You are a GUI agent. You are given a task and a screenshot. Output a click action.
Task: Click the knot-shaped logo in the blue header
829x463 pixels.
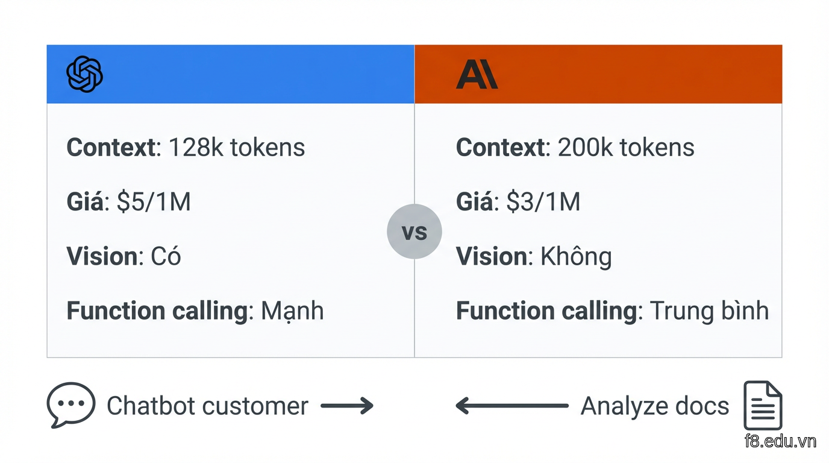coord(84,74)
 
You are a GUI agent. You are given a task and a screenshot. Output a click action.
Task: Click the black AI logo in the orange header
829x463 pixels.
coord(477,74)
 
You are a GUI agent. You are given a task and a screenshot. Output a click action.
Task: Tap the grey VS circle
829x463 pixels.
coord(414,231)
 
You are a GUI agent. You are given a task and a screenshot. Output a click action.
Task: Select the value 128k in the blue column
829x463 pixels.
coord(196,148)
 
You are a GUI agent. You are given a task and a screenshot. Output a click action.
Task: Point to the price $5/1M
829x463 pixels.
coord(154,202)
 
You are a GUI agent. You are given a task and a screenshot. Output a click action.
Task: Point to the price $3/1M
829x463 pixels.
coord(543,202)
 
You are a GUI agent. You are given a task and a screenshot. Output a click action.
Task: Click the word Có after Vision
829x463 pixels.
coord(166,256)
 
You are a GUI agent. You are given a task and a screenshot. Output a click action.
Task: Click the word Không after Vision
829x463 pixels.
coord(576,256)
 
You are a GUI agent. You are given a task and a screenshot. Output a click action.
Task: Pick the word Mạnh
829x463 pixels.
coord(292,310)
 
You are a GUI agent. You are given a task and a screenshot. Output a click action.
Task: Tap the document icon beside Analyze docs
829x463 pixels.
coord(763,405)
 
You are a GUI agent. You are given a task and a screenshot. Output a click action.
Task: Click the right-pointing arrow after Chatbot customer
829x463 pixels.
coord(347,406)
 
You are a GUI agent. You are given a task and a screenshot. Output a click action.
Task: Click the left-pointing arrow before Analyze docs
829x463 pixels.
coord(512,406)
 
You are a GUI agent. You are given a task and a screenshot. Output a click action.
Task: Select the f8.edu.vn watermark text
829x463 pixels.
coord(780,441)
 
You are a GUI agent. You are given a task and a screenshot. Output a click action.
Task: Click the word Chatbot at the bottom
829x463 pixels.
coord(150,406)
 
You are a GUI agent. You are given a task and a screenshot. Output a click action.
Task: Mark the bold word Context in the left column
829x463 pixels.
coord(111,148)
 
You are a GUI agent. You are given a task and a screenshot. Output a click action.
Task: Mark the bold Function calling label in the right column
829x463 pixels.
coord(546,310)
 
